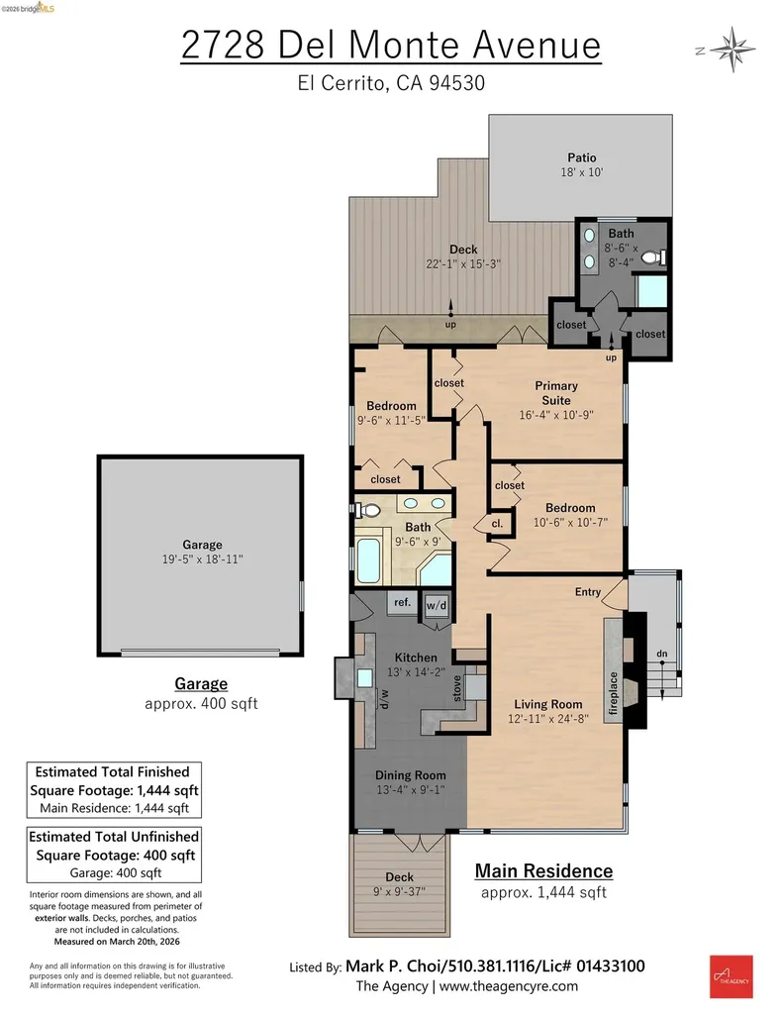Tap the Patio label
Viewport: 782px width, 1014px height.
point(581,156)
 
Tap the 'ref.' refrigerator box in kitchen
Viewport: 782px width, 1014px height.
point(402,602)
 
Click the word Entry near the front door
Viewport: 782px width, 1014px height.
point(588,592)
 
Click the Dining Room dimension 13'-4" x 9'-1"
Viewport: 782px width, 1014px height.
point(410,790)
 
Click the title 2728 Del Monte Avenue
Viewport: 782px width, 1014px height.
point(390,46)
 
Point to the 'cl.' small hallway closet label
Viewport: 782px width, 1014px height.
point(497,524)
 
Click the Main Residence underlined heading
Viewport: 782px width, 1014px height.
point(543,871)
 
